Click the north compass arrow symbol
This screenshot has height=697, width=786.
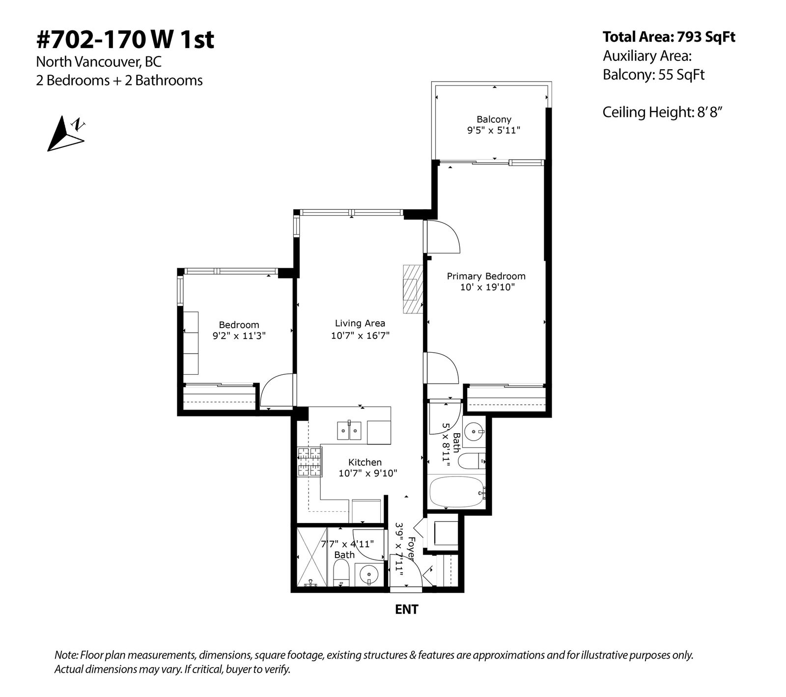coord(65,134)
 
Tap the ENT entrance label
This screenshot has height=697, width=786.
coord(407,610)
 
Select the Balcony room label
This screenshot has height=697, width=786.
coord(494,119)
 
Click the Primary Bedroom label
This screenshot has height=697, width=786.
coord(486,276)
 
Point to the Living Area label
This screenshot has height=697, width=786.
coord(360,323)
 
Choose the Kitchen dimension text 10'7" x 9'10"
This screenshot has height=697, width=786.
coord(367,474)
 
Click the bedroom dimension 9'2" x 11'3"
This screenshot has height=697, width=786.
coord(239,336)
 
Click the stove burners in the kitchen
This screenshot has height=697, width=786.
coord(309,462)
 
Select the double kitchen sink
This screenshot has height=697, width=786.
coord(349,430)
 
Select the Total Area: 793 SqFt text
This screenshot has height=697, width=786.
coord(669,37)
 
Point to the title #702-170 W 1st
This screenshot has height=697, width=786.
coord(125,39)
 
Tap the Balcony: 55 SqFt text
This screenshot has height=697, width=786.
coord(653,75)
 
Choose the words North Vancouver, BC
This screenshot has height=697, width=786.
coord(99,62)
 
